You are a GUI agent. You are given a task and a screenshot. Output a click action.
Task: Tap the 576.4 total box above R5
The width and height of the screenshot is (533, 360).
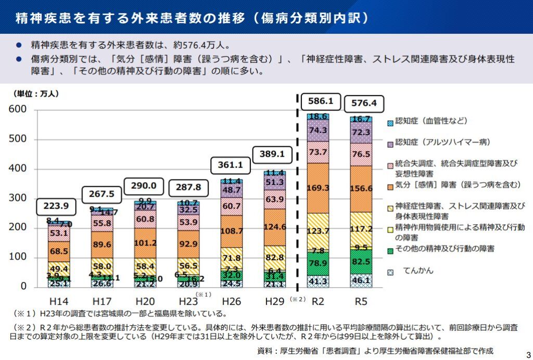364,103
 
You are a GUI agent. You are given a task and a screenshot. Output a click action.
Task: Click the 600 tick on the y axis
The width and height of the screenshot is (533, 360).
17,110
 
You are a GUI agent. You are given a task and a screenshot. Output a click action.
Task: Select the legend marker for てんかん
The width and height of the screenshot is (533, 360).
391,272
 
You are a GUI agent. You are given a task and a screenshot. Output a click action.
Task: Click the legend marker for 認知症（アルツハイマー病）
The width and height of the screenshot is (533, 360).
391,142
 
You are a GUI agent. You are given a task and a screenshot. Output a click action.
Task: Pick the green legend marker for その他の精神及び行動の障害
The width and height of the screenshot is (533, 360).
391,250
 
